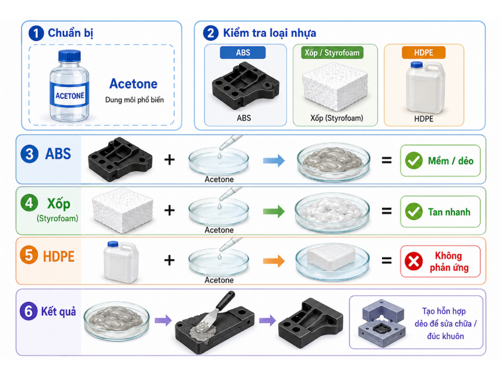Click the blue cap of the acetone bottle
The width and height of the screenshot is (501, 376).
pos(69,56)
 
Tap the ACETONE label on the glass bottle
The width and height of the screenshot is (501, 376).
pos(69,96)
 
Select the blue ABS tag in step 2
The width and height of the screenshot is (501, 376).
pos(243,53)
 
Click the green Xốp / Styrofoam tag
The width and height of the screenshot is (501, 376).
pos(332,53)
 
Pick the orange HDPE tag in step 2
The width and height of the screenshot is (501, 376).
pos(423,53)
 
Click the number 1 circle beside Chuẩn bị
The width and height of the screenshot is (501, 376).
pos(36,33)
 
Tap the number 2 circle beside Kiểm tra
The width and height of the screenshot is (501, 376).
pos(211,33)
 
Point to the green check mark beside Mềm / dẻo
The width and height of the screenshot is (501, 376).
pos(414,161)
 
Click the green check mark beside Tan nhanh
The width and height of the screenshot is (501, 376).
pos(414,211)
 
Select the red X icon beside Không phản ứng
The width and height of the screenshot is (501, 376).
pos(414,261)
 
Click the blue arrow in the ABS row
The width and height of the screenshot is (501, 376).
pos(274,161)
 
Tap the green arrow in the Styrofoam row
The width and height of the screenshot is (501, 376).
pos(274,211)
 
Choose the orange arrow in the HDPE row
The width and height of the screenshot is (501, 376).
pos(274,261)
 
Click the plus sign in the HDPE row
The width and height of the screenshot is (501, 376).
pos(169,260)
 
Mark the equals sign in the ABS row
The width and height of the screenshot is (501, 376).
pos(387,160)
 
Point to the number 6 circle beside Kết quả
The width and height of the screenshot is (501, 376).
pos(29,311)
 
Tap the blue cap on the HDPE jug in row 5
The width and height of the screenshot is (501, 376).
pos(113,244)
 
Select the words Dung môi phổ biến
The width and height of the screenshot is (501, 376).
pos(135,100)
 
